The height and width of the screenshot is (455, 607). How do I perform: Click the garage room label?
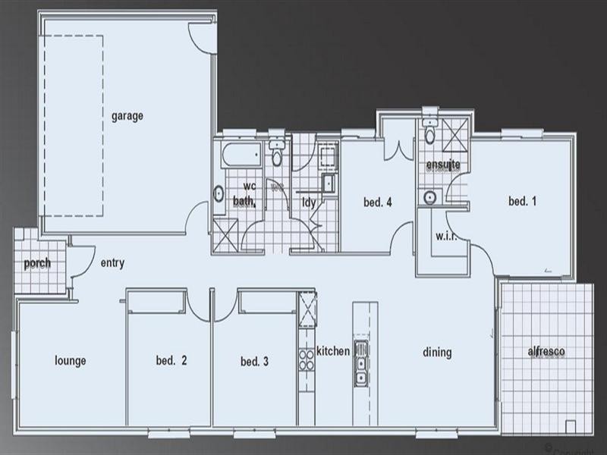pos(127,116)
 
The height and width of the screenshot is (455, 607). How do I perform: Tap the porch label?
pos(37,263)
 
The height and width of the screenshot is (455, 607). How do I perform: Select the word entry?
pos(112,263)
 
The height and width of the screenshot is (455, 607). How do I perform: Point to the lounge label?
pos(70,361)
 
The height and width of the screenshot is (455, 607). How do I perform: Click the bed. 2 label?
pos(171,361)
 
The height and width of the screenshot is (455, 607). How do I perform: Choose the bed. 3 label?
pos(254,361)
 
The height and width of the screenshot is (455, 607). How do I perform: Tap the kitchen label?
pos(333,351)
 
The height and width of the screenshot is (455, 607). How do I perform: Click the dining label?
pos(437,352)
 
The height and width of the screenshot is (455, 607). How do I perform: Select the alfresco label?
pos(546,353)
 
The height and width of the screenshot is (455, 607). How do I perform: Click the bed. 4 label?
pos(376,202)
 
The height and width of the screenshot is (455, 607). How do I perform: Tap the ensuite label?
pos(444,165)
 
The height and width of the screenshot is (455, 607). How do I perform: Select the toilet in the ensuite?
pos(429,135)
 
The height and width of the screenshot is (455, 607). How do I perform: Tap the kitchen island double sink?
pos(362,362)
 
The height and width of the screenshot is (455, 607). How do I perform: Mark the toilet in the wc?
pos(276,155)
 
